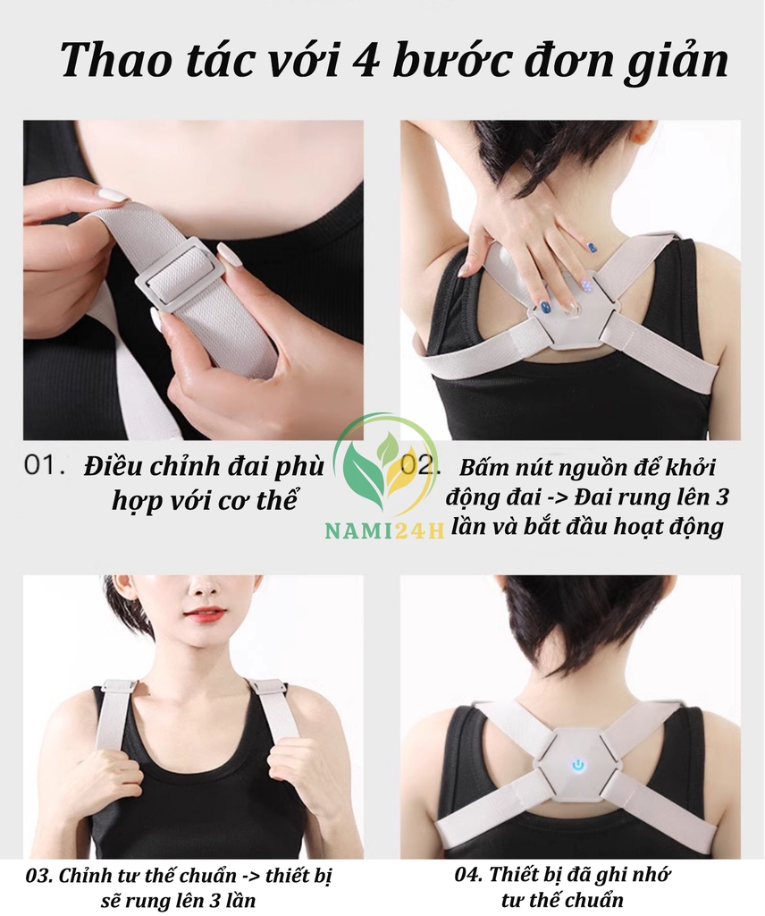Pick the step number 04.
(468, 875)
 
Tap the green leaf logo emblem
(386, 471)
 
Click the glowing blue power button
(577, 764)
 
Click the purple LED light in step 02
(584, 285)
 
